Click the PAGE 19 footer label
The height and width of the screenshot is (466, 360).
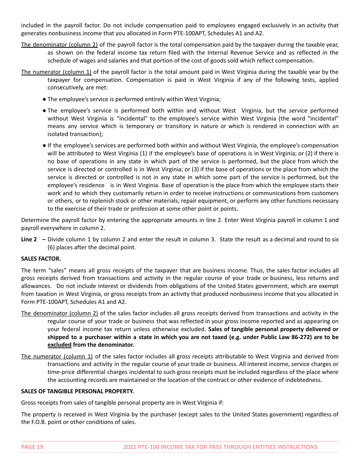(x=32, y=447)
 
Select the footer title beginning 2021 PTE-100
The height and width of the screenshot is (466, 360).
(x=220, y=447)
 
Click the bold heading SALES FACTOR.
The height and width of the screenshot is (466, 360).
(x=41, y=259)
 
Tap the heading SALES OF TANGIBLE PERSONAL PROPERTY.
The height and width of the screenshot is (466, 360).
(x=77, y=391)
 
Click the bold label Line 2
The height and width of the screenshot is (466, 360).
(x=29, y=239)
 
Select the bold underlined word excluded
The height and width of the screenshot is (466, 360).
(x=59, y=345)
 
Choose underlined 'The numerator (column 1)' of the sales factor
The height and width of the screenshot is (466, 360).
(x=57, y=357)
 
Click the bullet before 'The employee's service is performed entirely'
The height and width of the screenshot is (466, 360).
(x=44, y=99)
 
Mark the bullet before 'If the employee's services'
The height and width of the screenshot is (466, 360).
(x=44, y=145)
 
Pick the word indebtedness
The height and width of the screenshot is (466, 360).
(x=304, y=380)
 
